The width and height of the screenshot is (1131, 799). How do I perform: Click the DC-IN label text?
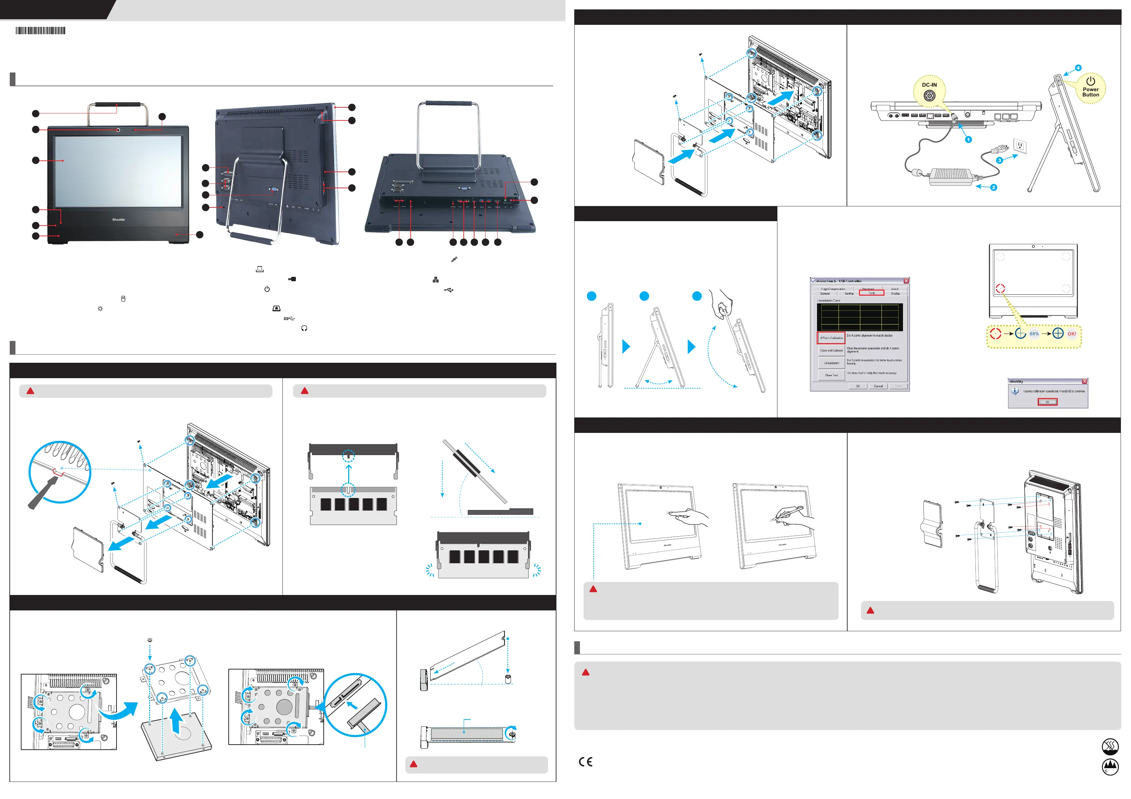[x=929, y=85]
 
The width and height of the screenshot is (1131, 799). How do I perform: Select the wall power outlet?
[x=1020, y=145]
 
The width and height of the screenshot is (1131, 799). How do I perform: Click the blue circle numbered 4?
[x=1078, y=68]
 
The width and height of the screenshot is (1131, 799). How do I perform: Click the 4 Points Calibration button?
[x=831, y=338]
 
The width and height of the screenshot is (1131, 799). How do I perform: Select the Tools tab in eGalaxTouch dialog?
[x=871, y=293]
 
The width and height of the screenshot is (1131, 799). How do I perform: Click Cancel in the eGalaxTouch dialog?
[x=878, y=386]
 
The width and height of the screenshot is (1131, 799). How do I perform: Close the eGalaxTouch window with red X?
[x=906, y=281]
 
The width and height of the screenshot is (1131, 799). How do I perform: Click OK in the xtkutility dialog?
[x=1047, y=402]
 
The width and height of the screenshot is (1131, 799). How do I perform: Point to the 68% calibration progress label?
[x=1034, y=334]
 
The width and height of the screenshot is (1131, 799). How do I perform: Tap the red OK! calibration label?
[x=1072, y=334]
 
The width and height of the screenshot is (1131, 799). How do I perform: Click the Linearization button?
[x=831, y=363]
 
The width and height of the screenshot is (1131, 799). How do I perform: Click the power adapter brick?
[x=950, y=176]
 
